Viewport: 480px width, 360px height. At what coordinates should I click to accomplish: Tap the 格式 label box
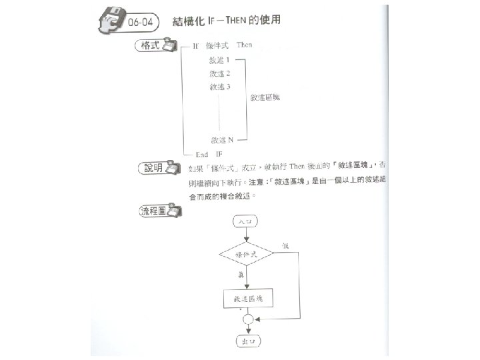pyautogui.click(x=148, y=45)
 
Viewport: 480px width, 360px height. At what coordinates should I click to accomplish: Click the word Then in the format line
pyautogui.click(x=244, y=45)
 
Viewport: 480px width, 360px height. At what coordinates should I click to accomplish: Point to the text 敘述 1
pyautogui.click(x=220, y=61)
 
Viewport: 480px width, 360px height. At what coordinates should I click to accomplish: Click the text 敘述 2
pyautogui.click(x=220, y=73)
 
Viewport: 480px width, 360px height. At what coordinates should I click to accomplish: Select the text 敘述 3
pyautogui.click(x=220, y=87)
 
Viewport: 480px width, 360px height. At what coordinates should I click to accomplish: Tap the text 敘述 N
pyautogui.click(x=221, y=140)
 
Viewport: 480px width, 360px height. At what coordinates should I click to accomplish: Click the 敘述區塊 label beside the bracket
pyautogui.click(x=265, y=97)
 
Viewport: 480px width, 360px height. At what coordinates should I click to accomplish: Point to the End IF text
pyautogui.click(x=209, y=154)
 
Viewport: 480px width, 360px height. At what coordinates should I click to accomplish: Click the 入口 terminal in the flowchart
pyautogui.click(x=245, y=221)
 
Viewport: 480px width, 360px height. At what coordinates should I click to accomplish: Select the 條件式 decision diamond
pyautogui.click(x=245, y=255)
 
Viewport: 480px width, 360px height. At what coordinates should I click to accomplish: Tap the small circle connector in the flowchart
pyautogui.click(x=247, y=320)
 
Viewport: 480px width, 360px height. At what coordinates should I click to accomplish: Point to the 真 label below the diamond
pyautogui.click(x=239, y=274)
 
